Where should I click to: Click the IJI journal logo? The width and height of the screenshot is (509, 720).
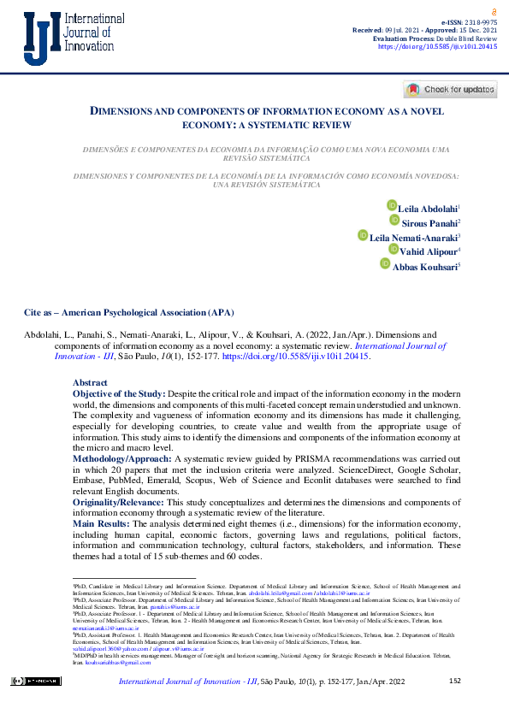pos(62,39)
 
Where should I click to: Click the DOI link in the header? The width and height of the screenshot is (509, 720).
pos(437,48)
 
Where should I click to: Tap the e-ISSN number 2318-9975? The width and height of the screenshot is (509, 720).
pos(481,21)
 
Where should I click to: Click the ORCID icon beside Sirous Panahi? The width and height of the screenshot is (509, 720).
pos(394,220)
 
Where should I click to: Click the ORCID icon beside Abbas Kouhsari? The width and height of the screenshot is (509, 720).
pos(384,263)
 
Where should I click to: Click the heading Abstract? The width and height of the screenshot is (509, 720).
pos(90,382)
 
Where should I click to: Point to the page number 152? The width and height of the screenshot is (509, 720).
pos(454,681)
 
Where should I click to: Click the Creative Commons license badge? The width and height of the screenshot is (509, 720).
pos(35,681)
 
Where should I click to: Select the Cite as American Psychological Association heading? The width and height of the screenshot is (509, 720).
pos(128,312)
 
